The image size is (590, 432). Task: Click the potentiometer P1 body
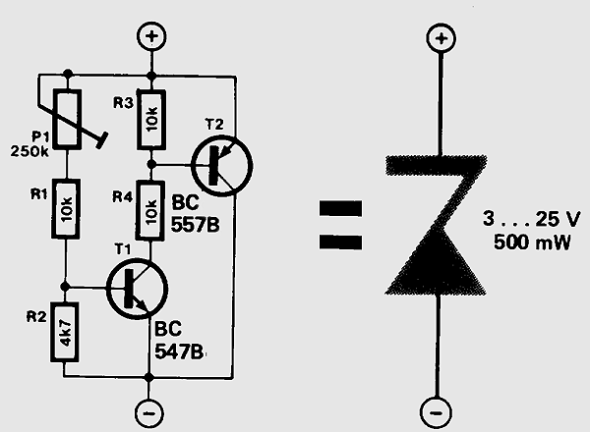[67, 118]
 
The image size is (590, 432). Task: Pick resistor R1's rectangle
[67, 208]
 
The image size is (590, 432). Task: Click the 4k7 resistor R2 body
[67, 334]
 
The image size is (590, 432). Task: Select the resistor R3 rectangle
[151, 120]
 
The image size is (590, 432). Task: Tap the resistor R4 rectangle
[151, 208]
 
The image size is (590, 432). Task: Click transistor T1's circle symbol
[134, 289]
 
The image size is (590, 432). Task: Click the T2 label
[214, 124]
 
